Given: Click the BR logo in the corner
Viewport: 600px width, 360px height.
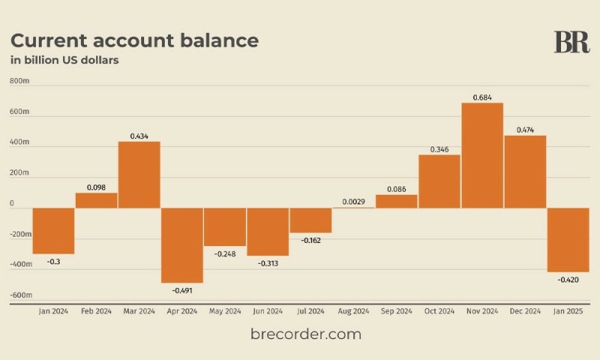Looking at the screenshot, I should click(x=571, y=42).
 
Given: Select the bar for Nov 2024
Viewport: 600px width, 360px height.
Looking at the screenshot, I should click(x=482, y=155).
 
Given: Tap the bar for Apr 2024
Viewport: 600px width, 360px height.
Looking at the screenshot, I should click(x=182, y=245).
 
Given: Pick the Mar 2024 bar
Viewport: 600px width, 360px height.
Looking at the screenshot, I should click(x=139, y=175).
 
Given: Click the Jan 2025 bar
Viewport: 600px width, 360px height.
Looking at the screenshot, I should click(x=568, y=240).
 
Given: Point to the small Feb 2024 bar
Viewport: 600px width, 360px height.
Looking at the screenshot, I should click(x=97, y=200).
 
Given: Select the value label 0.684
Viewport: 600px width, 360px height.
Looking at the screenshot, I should click(x=482, y=97).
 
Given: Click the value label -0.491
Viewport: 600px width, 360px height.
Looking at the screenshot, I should click(x=182, y=289).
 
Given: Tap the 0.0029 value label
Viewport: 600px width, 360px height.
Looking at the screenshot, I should click(x=354, y=202).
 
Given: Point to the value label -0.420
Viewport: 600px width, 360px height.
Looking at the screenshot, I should click(x=568, y=279).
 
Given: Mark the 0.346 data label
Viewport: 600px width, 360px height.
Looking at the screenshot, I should click(x=439, y=149).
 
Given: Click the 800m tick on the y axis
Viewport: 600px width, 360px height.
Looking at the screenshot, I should click(x=20, y=81).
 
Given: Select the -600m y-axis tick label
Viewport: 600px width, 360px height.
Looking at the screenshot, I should click(x=20, y=295).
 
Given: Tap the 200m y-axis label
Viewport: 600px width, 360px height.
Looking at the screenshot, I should click(x=20, y=172).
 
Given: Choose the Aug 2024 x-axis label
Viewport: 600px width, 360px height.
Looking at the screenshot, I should click(x=354, y=310).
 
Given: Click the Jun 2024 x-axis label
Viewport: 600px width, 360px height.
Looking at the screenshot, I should click(x=268, y=310).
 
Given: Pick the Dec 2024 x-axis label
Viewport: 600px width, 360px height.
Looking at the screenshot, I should click(x=525, y=310).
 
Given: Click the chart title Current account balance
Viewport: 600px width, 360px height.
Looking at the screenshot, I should click(x=134, y=40).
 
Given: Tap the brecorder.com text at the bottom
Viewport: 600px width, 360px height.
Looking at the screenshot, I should click(x=306, y=334).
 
